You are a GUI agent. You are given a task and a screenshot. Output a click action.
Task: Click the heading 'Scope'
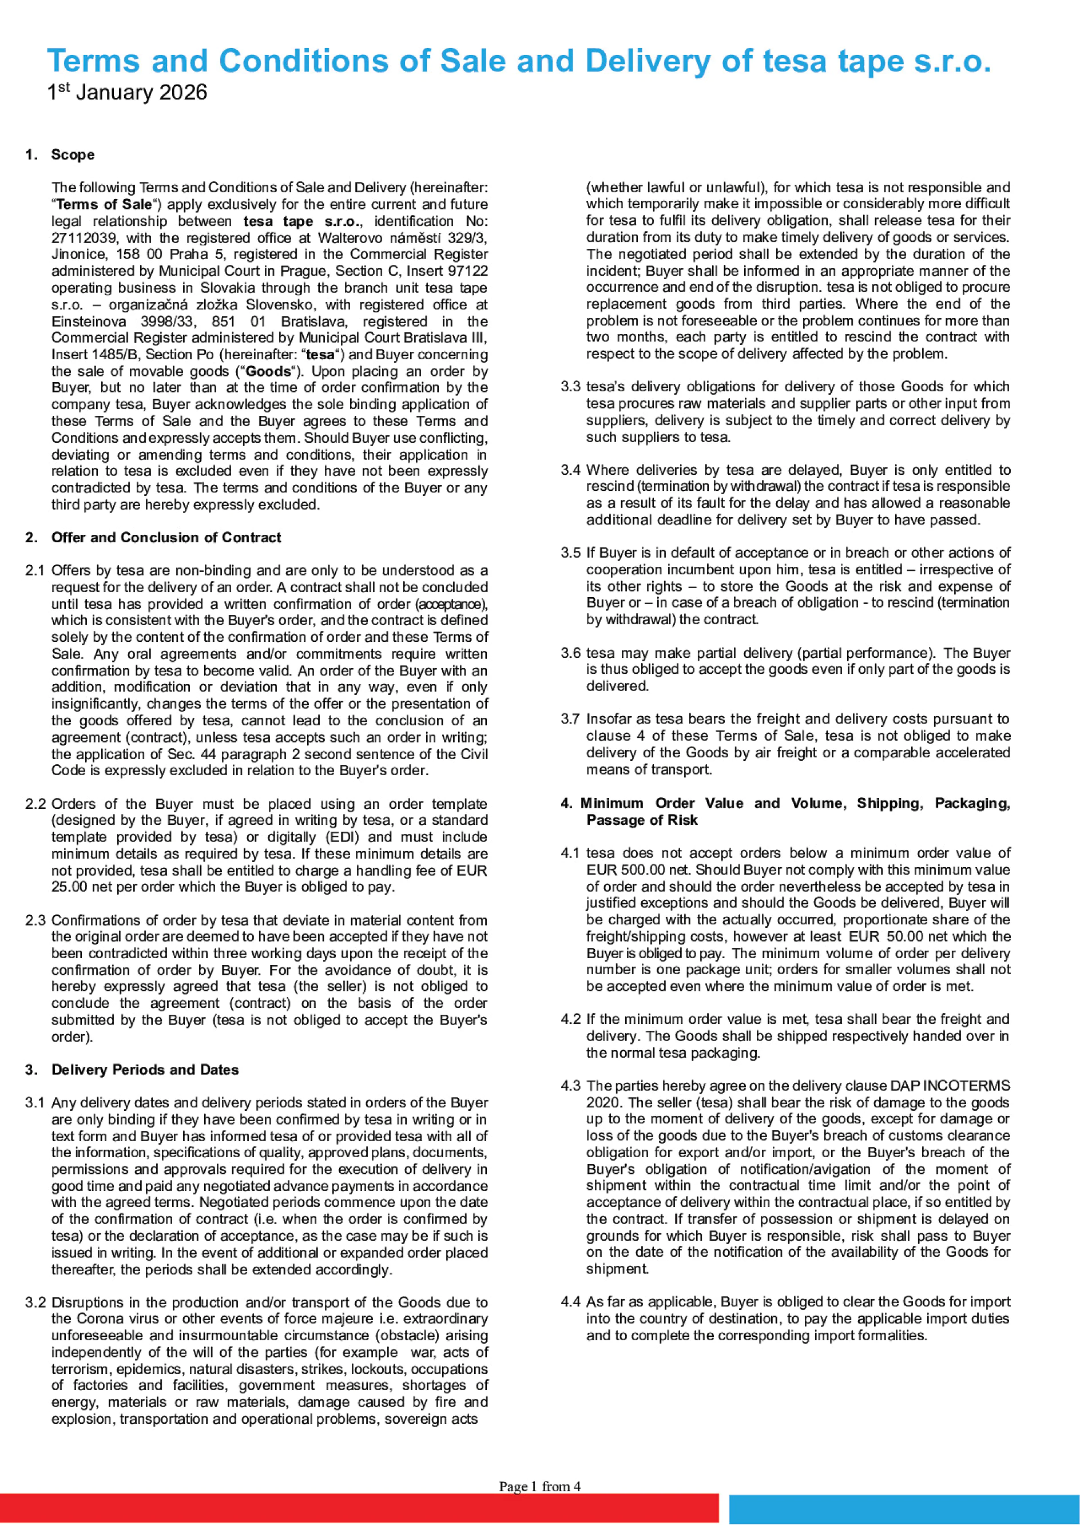(x=73, y=154)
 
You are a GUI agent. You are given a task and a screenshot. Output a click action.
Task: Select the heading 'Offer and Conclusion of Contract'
(x=166, y=537)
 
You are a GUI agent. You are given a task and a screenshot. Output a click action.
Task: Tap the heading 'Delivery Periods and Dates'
(x=145, y=1070)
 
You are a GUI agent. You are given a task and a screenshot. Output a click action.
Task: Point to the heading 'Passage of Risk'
(x=642, y=820)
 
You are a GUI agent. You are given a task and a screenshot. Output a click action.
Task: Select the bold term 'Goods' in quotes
(x=269, y=371)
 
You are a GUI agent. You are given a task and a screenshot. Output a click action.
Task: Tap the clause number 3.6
(x=570, y=653)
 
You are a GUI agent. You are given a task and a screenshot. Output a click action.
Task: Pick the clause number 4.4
(x=570, y=1301)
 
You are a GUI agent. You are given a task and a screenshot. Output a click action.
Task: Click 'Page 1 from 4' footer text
(x=539, y=1487)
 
